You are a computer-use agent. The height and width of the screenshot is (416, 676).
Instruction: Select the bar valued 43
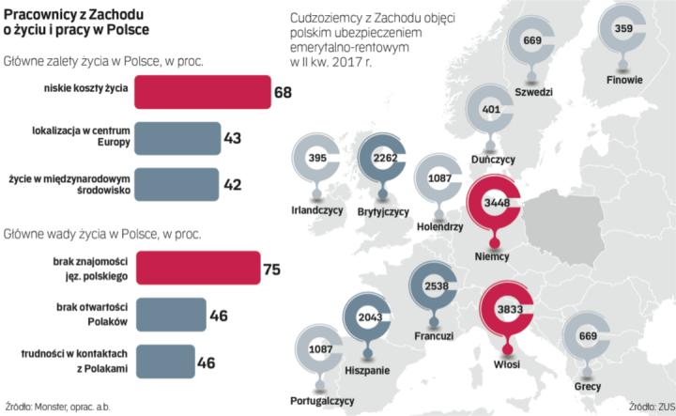pos(177,138)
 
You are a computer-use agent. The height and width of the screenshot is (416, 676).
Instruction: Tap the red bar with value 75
pos(196,269)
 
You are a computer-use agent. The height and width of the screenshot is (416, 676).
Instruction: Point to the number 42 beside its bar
pos(233,184)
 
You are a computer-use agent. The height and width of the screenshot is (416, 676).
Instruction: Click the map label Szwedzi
pos(533,92)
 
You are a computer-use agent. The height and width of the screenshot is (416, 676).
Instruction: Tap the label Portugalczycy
pos(322,399)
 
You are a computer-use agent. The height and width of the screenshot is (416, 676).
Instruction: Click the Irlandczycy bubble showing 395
pos(317,159)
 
